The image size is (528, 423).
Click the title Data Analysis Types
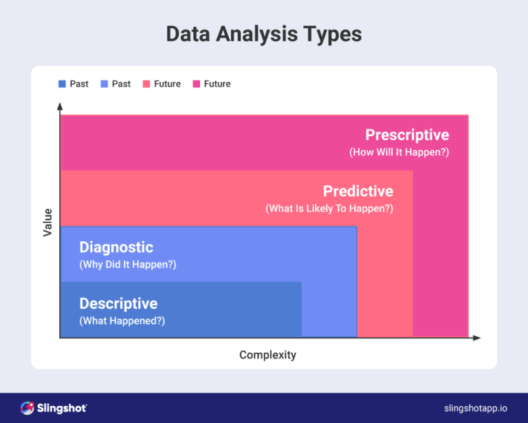264,34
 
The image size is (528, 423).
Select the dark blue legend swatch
62,84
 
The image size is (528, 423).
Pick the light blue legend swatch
104,84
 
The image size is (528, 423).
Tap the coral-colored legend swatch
146,84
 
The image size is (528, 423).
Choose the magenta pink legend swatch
197,84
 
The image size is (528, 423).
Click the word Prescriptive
407,135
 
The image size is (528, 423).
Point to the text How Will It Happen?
399,152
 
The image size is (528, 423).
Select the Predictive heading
358,191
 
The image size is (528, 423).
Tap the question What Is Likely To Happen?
329,208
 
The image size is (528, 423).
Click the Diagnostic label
116,247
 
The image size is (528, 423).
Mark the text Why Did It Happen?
128,264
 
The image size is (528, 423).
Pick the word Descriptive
118,303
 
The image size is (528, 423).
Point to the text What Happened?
122,321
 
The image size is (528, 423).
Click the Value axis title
47,223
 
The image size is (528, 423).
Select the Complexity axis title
267,355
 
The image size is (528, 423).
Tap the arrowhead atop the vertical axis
60,107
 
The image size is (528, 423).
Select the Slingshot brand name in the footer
63,408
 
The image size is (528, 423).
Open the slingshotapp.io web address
475,409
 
